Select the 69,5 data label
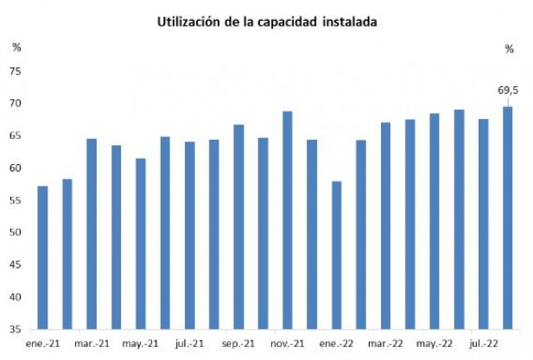click(x=507, y=90)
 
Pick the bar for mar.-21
click(x=92, y=233)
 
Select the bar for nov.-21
click(x=288, y=219)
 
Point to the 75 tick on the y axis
click(x=16, y=72)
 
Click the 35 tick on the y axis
click(x=16, y=330)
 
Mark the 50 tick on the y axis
click(x=16, y=233)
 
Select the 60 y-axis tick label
click(x=16, y=168)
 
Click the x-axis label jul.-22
click(x=483, y=343)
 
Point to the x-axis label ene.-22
click(x=336, y=343)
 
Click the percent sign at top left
click(x=16, y=47)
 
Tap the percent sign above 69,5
click(x=509, y=49)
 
